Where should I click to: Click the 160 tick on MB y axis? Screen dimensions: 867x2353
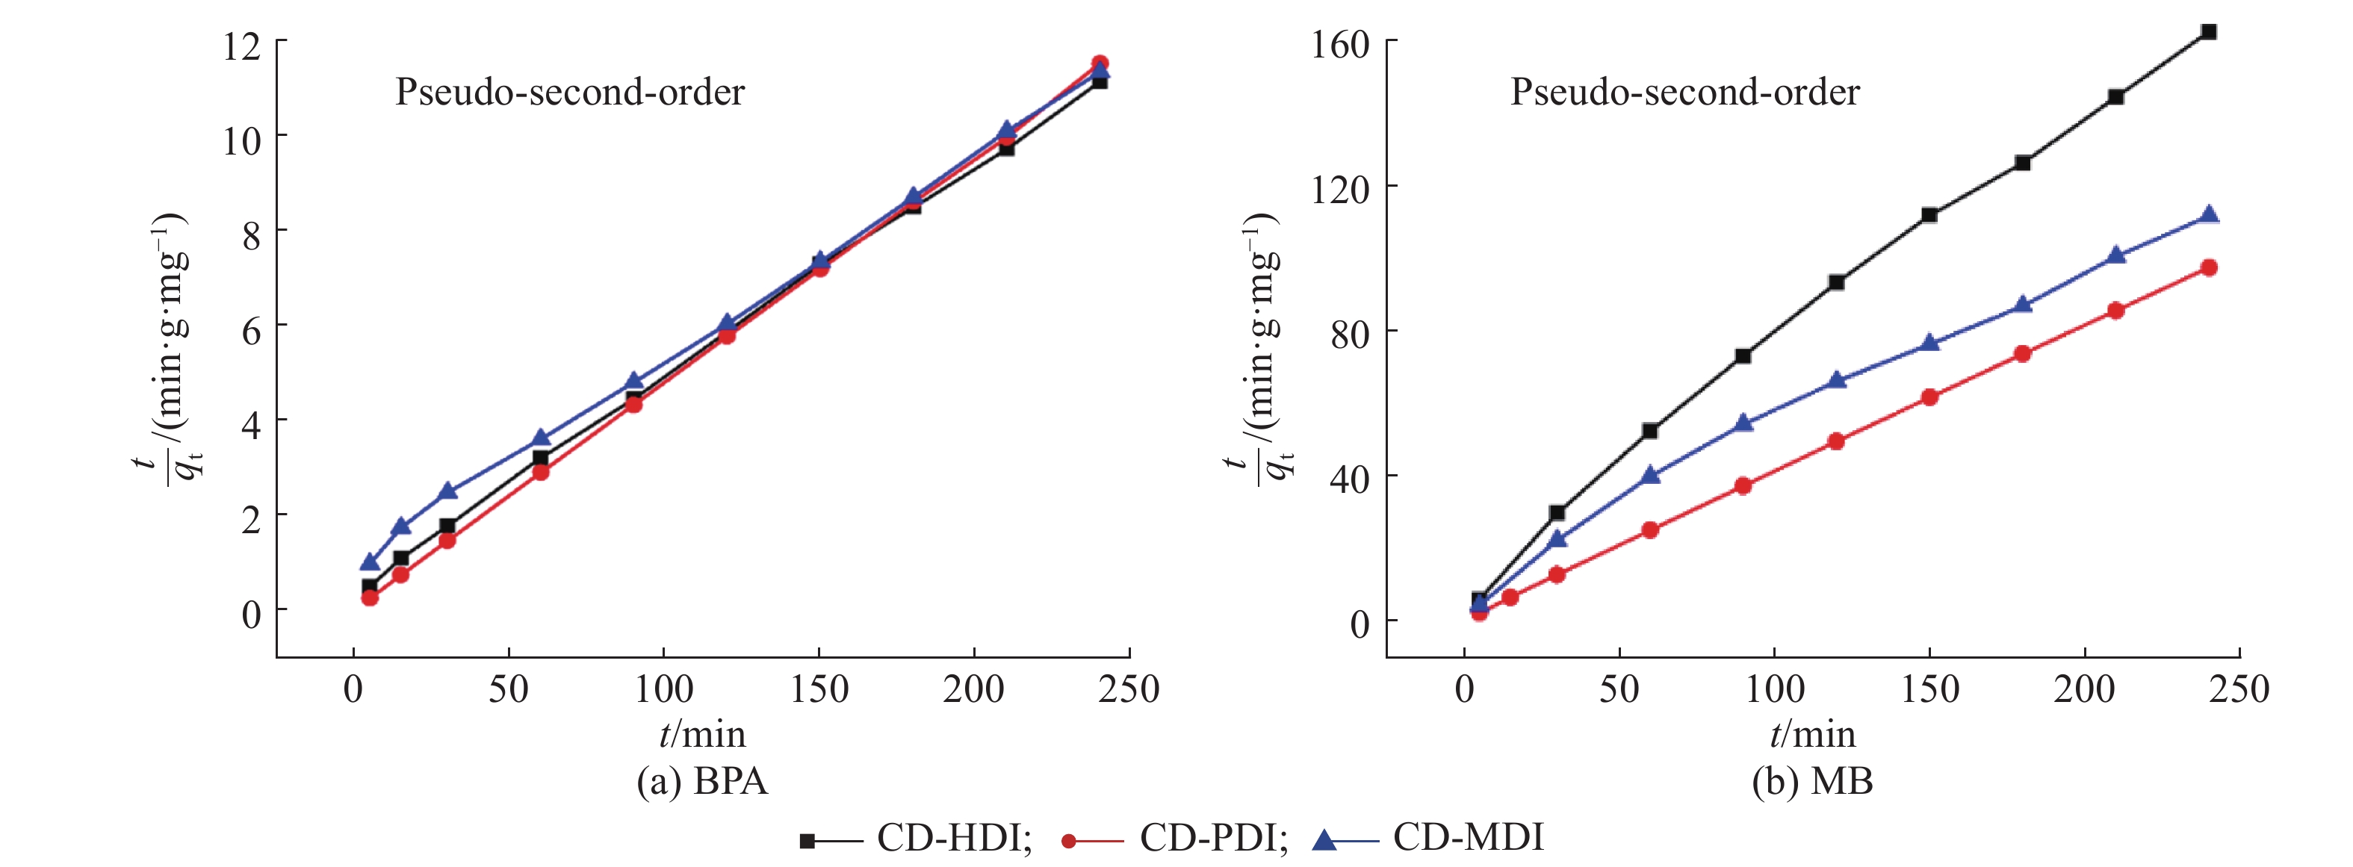pos(1340,44)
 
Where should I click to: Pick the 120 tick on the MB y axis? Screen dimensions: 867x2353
pos(1340,189)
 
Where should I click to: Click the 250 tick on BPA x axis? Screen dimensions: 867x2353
pos(1129,689)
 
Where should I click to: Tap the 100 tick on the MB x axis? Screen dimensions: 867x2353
pos(1774,689)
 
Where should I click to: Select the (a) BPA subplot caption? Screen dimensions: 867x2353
pos(701,782)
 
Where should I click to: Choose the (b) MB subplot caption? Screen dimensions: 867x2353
pos(1812,782)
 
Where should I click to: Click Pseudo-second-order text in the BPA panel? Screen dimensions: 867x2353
pos(569,93)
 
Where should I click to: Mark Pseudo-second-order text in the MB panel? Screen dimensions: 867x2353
pos(1684,93)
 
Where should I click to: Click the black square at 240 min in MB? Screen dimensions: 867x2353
pos(2209,32)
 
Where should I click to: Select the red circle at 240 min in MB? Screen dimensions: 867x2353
pos(2209,267)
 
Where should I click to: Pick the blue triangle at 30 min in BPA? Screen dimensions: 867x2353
pos(447,491)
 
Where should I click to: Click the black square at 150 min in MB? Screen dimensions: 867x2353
pos(1929,216)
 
